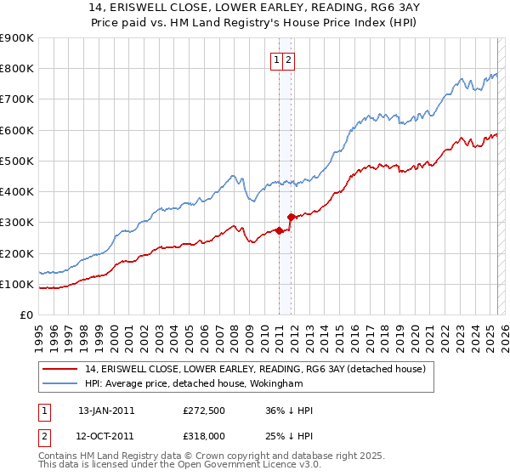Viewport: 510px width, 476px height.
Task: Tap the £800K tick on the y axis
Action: pos(17,69)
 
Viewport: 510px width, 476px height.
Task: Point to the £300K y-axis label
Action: pos(17,223)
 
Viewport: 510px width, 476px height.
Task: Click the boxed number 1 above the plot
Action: pos(277,59)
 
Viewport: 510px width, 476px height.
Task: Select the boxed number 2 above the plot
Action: pos(289,59)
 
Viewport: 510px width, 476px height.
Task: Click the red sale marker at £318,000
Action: pos(291,217)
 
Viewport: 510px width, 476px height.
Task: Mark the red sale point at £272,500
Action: pos(279,230)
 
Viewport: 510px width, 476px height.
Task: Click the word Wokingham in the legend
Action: pos(280,383)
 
